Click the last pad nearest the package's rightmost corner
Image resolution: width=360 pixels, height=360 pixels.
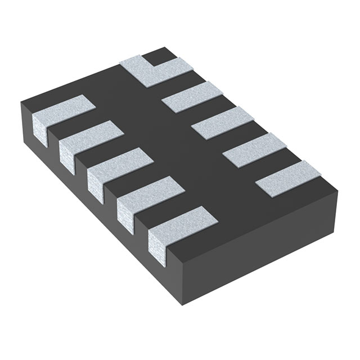point(287,177)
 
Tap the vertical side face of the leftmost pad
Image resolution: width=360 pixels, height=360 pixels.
point(38,128)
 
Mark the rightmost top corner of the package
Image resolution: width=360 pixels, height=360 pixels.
point(337,190)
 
